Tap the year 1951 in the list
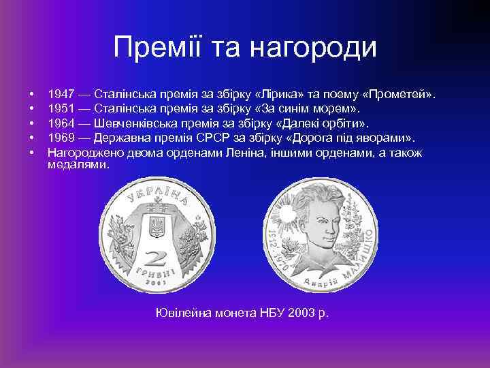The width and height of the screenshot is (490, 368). pyautogui.click(x=61, y=108)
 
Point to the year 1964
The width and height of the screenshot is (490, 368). pyautogui.click(x=61, y=123)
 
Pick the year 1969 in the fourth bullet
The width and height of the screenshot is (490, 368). pyautogui.click(x=61, y=138)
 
